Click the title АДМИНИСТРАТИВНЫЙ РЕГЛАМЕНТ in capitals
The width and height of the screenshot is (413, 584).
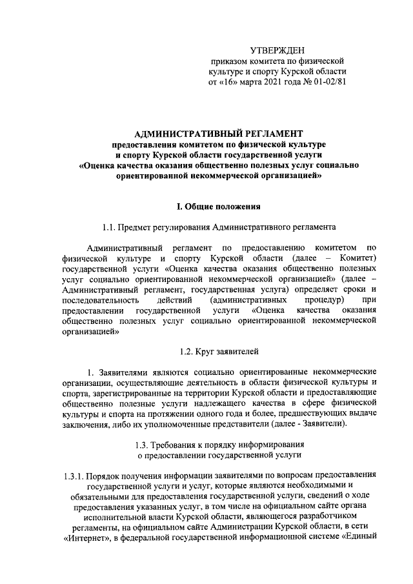(214, 132)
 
